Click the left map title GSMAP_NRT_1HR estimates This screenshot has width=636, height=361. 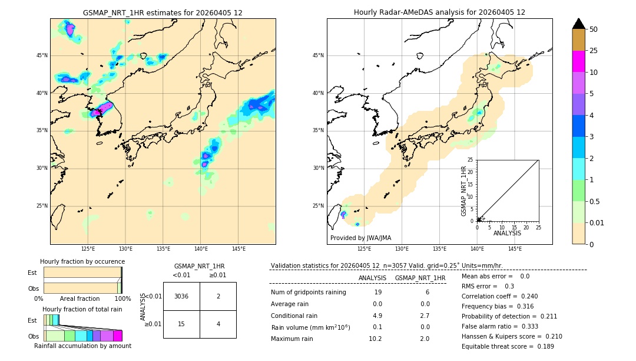pyautogui.click(x=163, y=12)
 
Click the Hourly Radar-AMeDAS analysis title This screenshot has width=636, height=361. pyautogui.click(x=439, y=12)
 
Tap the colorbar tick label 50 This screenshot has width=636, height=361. pyautogui.click(x=594, y=29)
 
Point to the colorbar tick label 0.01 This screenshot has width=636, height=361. pyautogui.click(x=597, y=222)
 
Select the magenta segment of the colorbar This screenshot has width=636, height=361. pyautogui.click(x=579, y=61)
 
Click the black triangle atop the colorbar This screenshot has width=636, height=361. pyautogui.click(x=579, y=24)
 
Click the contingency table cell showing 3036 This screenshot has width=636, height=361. pyautogui.click(x=181, y=296)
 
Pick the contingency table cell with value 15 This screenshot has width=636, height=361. pyautogui.click(x=181, y=324)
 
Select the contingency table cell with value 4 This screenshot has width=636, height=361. pyautogui.click(x=218, y=324)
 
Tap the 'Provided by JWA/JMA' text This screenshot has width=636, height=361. pyautogui.click(x=360, y=238)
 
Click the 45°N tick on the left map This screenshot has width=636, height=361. pyautogui.click(x=42, y=55)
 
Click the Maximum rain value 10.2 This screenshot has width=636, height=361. pyautogui.click(x=375, y=339)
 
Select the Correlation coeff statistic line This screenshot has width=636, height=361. pyautogui.click(x=499, y=296)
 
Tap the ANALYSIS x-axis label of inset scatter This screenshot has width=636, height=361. pyautogui.click(x=507, y=233)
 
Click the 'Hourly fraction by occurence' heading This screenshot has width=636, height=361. pyautogui.click(x=82, y=261)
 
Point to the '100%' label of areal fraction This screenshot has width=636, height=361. pyautogui.click(x=122, y=298)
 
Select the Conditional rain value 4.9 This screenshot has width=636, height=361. pyautogui.click(x=377, y=316)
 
